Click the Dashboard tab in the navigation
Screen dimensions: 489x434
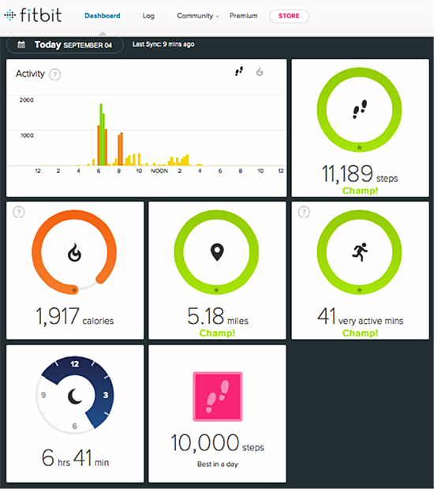point(103,16)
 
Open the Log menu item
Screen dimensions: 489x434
point(148,16)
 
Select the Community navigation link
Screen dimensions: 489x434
point(194,16)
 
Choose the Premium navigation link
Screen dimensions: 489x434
point(243,16)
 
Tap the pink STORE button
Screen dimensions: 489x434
point(289,16)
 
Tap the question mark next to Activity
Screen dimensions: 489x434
point(55,74)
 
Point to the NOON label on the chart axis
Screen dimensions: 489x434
point(159,171)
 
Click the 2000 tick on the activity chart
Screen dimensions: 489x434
point(26,100)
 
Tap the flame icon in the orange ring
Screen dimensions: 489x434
point(74,253)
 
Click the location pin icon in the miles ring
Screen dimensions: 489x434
point(216,252)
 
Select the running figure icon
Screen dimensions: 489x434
point(359,252)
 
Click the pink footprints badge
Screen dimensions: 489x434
point(216,397)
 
